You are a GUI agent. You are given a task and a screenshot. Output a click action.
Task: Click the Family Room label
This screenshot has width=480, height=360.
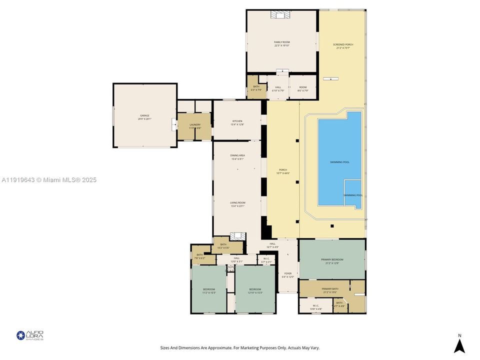point(281,43)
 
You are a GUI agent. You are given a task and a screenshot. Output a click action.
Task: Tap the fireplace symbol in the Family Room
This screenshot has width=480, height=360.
point(279,14)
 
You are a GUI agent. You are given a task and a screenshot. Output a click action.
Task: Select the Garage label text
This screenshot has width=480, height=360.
point(144,117)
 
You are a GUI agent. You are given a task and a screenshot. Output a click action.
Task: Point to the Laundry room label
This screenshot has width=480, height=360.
point(195,126)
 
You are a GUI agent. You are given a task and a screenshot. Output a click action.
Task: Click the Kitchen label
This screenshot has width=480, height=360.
point(237,122)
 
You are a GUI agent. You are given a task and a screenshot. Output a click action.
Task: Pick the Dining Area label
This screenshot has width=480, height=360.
point(237,157)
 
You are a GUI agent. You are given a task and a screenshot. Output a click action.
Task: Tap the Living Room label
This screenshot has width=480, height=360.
point(237,203)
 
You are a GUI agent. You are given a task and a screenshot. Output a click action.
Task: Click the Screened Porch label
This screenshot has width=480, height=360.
point(343,46)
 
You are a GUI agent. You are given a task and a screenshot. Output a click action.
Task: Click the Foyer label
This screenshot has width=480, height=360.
point(288,274)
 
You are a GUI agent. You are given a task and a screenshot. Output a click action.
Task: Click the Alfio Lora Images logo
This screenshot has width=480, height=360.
point(30,335)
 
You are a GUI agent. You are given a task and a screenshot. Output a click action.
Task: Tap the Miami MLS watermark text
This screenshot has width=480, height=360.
point(49,180)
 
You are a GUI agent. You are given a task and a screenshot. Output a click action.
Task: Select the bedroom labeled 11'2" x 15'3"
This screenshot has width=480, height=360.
point(208,290)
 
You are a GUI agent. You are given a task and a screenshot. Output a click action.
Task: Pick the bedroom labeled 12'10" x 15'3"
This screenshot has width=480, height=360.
point(255,290)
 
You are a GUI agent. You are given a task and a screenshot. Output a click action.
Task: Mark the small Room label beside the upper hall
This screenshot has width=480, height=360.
point(302,88)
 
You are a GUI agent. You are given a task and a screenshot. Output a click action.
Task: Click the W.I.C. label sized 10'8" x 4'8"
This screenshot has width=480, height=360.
point(315,307)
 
